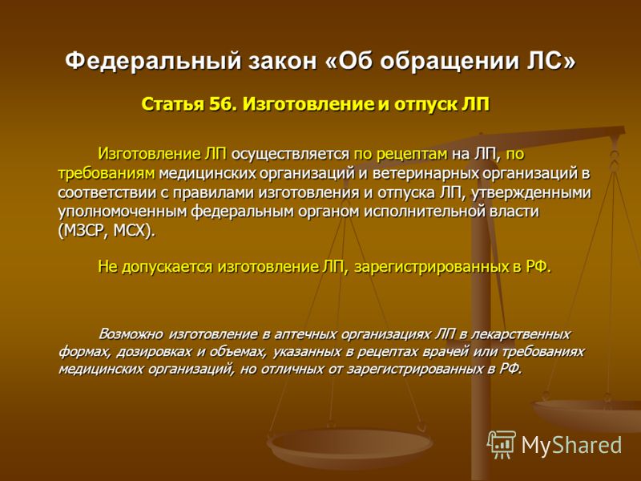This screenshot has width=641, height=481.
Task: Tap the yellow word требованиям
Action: point(107,174)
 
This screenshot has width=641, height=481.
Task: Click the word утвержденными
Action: point(531,192)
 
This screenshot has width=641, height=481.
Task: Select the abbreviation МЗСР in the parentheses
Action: point(86,231)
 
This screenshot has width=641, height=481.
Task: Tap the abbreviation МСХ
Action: point(130,231)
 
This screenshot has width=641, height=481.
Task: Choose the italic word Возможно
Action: point(131,334)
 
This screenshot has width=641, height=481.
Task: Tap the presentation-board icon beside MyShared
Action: point(502,445)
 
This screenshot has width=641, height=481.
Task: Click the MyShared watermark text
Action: point(571,445)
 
